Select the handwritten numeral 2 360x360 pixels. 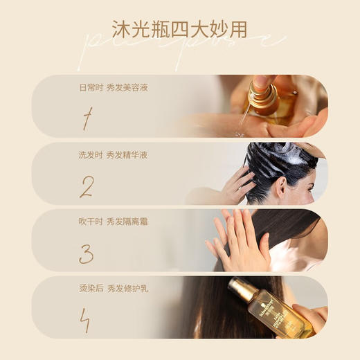[x=86, y=187]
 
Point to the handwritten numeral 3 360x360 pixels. [x=86, y=253]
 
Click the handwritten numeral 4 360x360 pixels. [x=86, y=320]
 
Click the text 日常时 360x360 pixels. [x=90, y=88]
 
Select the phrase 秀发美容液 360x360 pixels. [x=127, y=88]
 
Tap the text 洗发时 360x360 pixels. [x=90, y=155]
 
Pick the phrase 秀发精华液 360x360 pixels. [x=127, y=155]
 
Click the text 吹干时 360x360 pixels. [x=90, y=222]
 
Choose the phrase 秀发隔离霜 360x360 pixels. [x=127, y=222]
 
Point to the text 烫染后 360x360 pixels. [x=90, y=288]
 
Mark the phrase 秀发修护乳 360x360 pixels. [x=127, y=288]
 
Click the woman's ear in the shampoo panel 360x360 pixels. [x=280, y=186]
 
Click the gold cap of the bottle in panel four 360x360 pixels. [x=242, y=288]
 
